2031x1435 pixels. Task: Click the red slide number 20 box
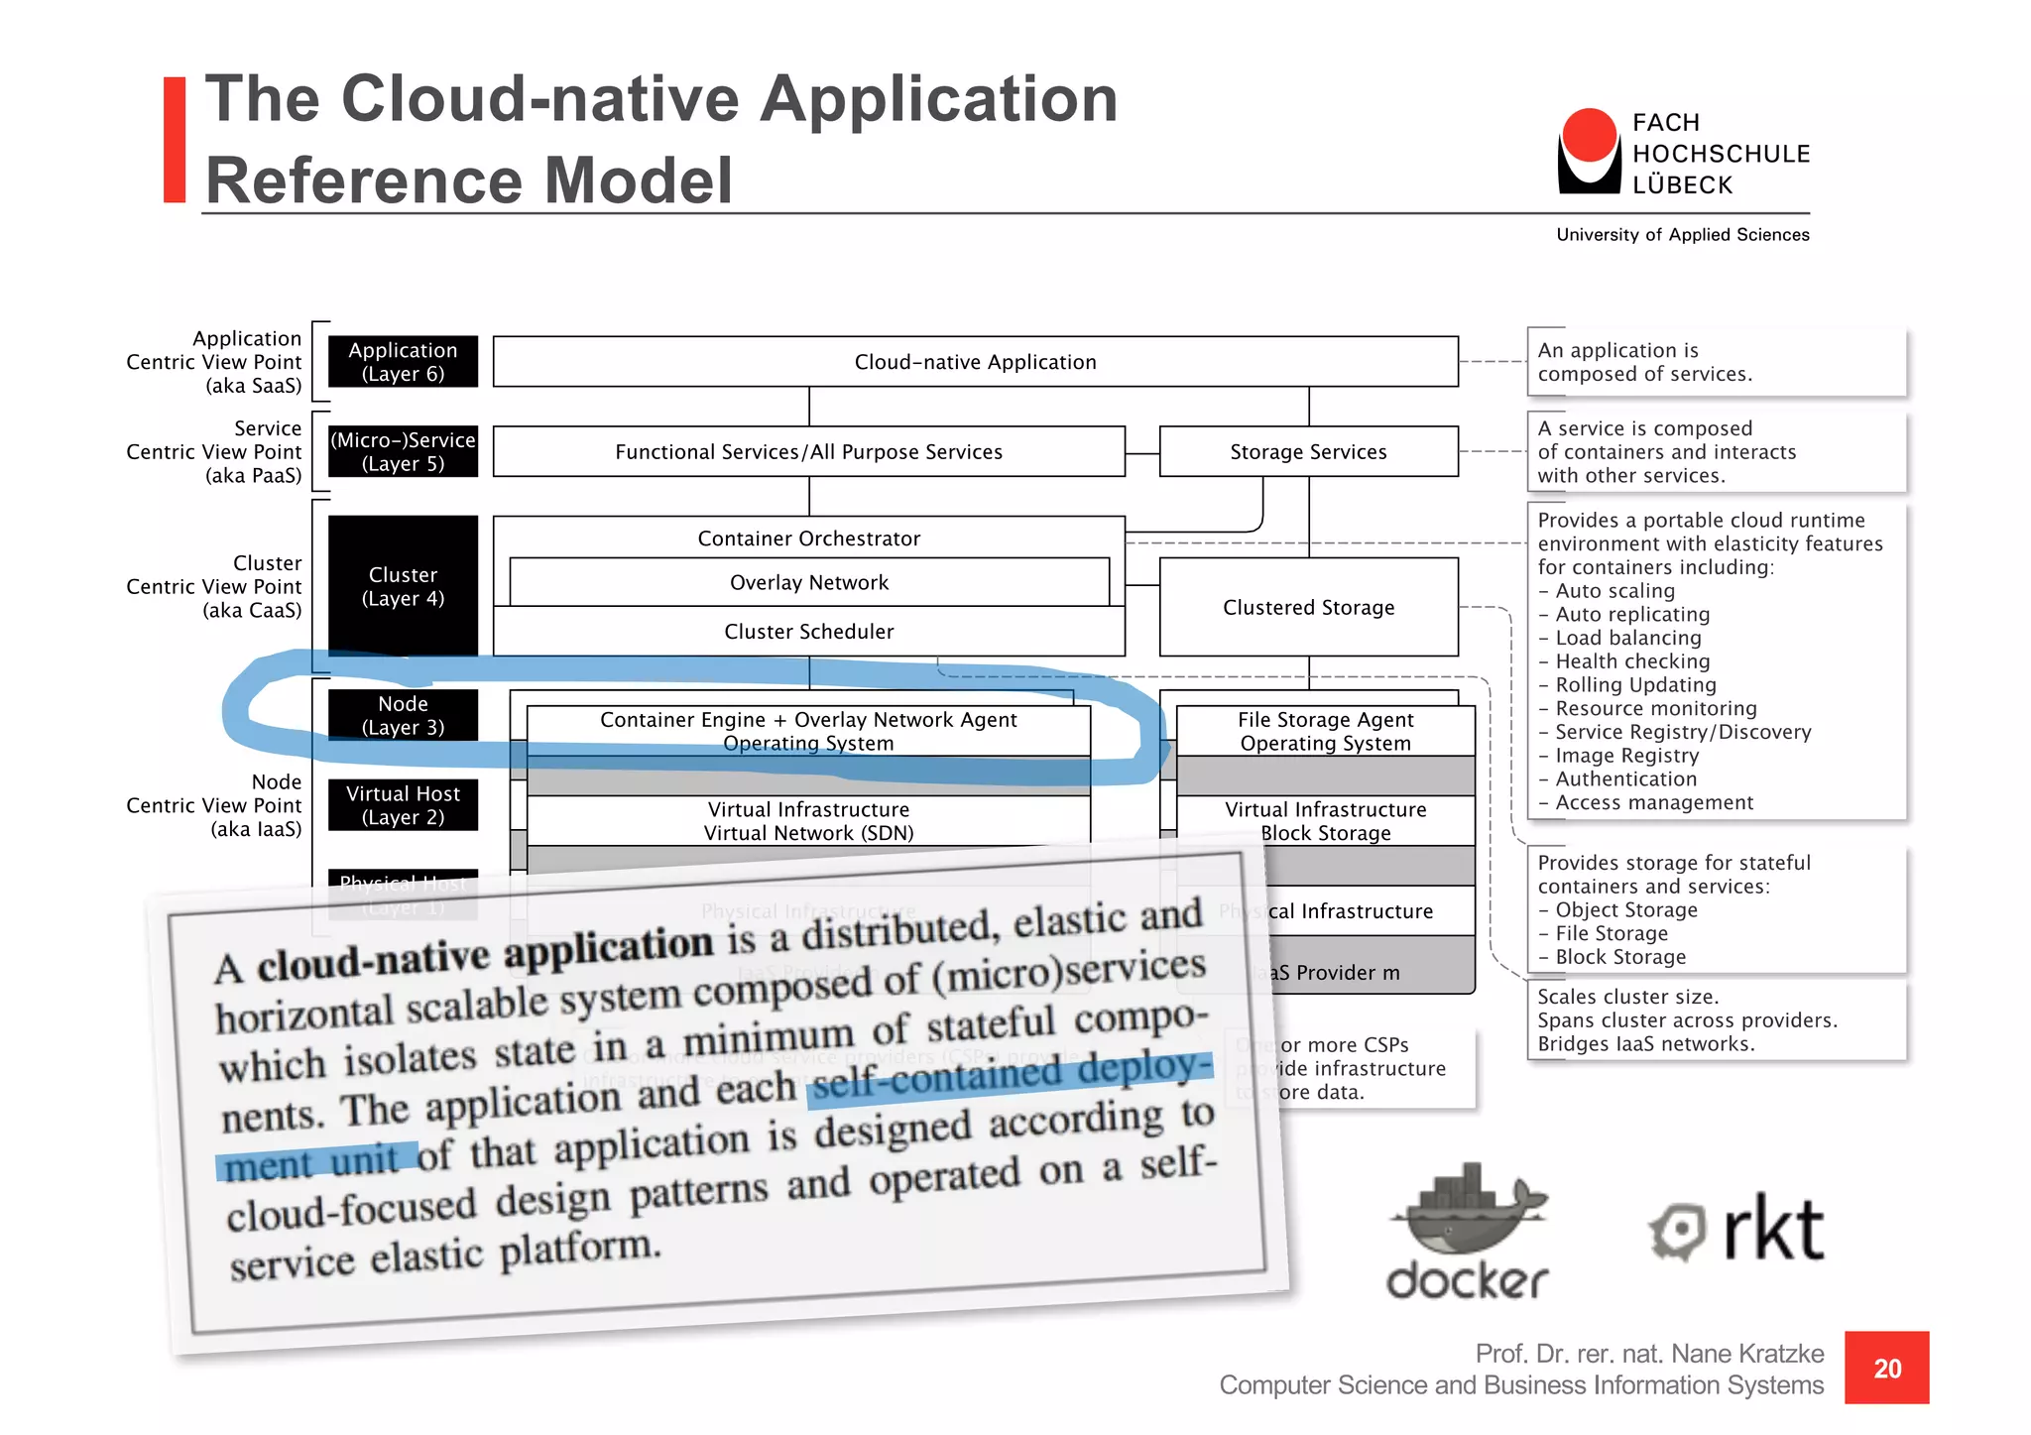[x=1886, y=1368]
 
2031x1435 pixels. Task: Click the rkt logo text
[x=1772, y=1230]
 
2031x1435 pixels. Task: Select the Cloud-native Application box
[x=975, y=362]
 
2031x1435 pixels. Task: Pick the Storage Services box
[x=1308, y=452]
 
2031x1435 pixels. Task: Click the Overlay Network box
[x=809, y=583]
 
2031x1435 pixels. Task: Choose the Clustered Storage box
[x=1308, y=607]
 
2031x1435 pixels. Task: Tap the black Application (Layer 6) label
[x=403, y=362]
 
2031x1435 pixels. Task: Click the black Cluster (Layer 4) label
[x=403, y=586]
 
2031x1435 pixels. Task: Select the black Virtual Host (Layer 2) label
[x=403, y=805]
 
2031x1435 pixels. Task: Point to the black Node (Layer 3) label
[x=403, y=715]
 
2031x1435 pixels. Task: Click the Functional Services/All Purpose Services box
[x=808, y=452]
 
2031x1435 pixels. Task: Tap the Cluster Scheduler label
[x=809, y=632]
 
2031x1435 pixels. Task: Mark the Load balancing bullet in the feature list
[x=1627, y=638]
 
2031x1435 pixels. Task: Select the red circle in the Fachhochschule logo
[x=1589, y=135]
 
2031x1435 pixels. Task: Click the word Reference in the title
[x=363, y=180]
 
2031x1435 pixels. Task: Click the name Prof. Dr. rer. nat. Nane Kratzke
[x=1648, y=1354]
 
